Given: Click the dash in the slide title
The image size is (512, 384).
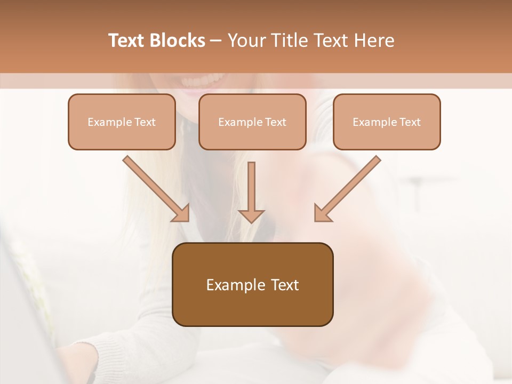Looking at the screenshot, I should pos(215,41).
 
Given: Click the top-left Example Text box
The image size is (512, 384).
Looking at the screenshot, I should pos(122,122).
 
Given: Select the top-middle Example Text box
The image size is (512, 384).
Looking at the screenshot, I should pos(252,122).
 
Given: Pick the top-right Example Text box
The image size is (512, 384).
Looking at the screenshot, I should pos(387,122).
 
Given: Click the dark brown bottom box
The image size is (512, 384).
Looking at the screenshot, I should pos(253,284).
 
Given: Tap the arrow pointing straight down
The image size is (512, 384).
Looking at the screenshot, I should pos(251,189).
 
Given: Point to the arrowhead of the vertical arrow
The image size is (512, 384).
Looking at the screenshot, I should pos(251,215).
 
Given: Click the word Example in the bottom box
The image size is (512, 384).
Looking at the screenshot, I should pos(232,285).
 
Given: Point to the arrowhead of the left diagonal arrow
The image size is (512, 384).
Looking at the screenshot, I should pos(181,213).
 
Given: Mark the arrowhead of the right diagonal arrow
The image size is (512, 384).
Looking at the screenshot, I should pos(322,213).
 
